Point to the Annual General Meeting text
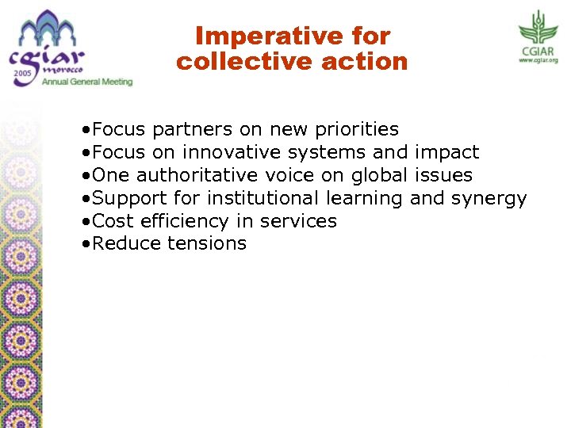pos(87,81)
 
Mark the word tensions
pos(207,243)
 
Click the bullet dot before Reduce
pos(84,244)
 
